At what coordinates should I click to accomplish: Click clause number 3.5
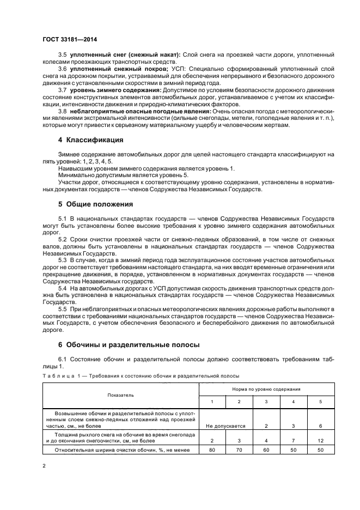pos(62,56)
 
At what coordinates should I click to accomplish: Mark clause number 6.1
pos(62,359)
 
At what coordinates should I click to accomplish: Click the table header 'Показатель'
pos(120,394)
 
